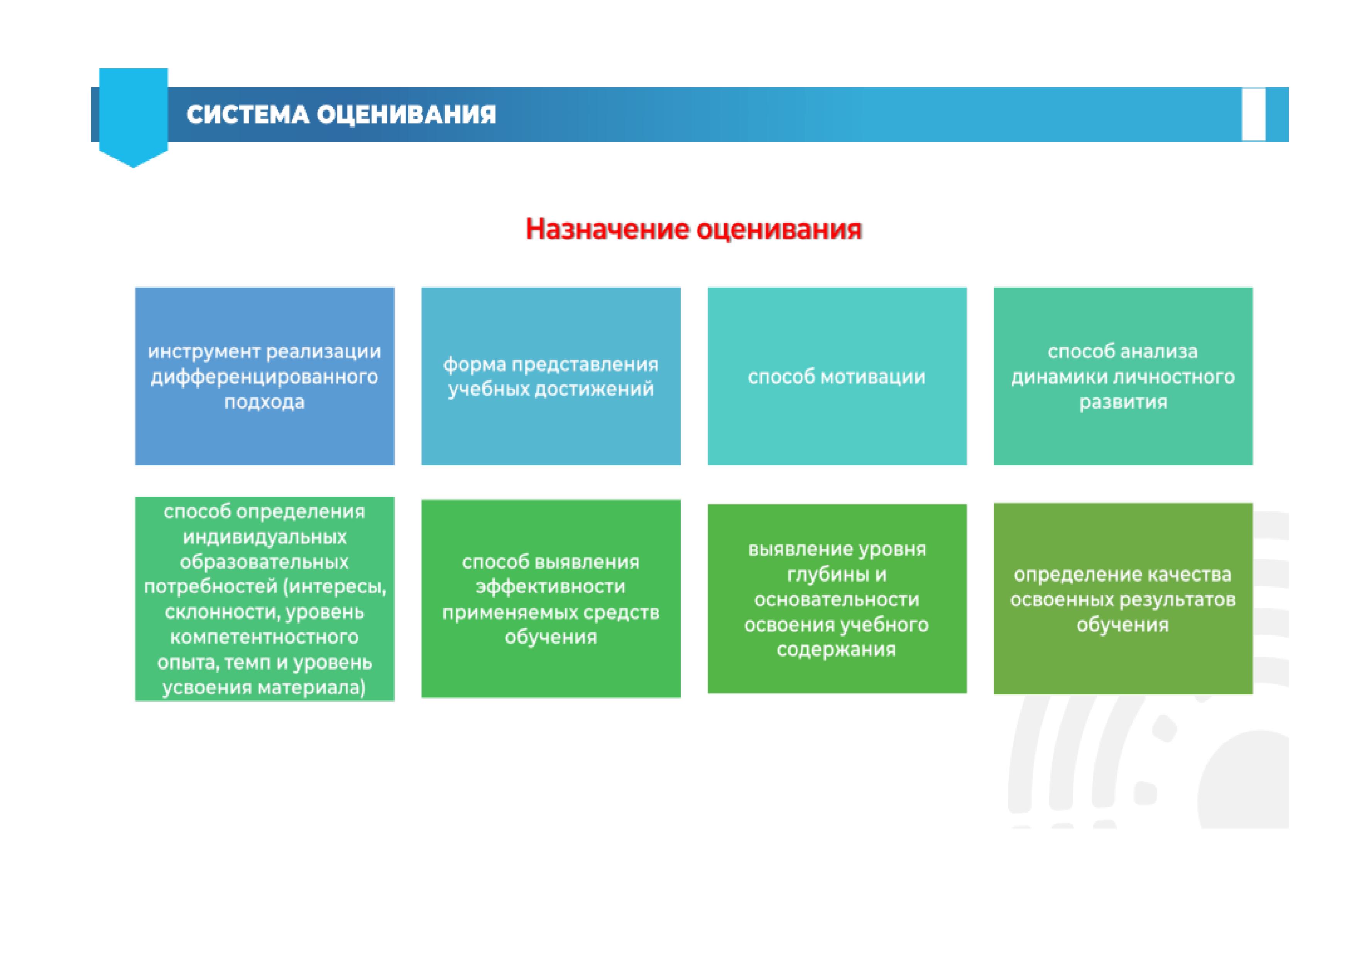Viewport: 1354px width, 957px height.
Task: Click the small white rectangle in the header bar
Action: pos(1254,115)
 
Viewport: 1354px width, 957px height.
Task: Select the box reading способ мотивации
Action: pos(837,376)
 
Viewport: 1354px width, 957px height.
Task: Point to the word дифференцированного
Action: pos(264,377)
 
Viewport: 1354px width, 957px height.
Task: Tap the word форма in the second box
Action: pos(474,365)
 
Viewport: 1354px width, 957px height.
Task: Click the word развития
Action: pos(1123,402)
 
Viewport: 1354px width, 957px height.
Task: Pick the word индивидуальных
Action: pos(265,537)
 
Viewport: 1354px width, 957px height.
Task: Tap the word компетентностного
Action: pos(264,637)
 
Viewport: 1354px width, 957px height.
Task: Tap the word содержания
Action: pos(836,650)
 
